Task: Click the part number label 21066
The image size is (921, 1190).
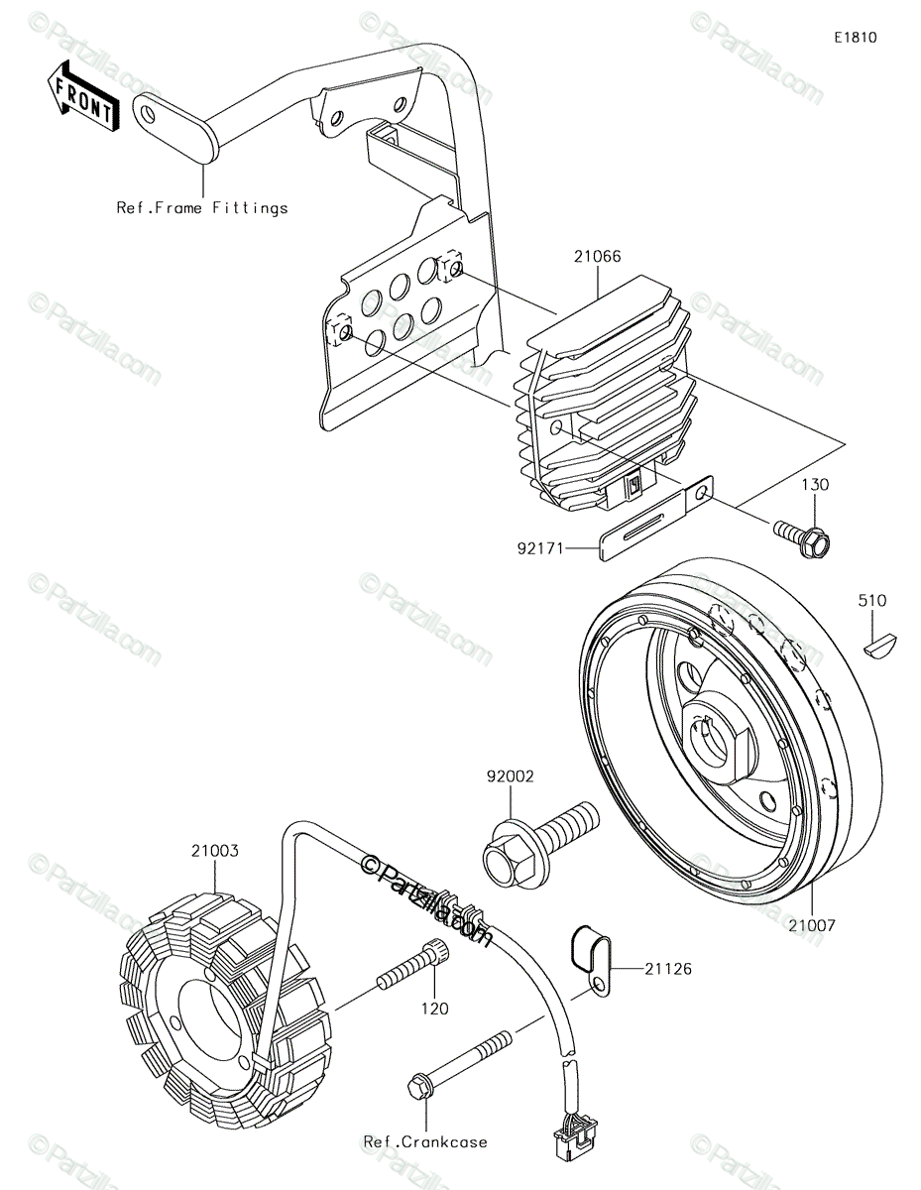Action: pos(597,256)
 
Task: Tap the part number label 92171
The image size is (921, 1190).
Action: pos(540,548)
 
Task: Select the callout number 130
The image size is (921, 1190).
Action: pos(815,485)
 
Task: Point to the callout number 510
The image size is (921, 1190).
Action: pos(871,601)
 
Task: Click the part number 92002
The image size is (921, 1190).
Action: pos(510,776)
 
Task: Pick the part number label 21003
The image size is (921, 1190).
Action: pos(215,851)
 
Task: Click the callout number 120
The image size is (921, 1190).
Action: pos(435,1009)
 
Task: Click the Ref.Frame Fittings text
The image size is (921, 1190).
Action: pos(202,208)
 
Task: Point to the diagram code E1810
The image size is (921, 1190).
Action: pos(856,38)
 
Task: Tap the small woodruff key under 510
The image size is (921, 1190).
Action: pos(880,643)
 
